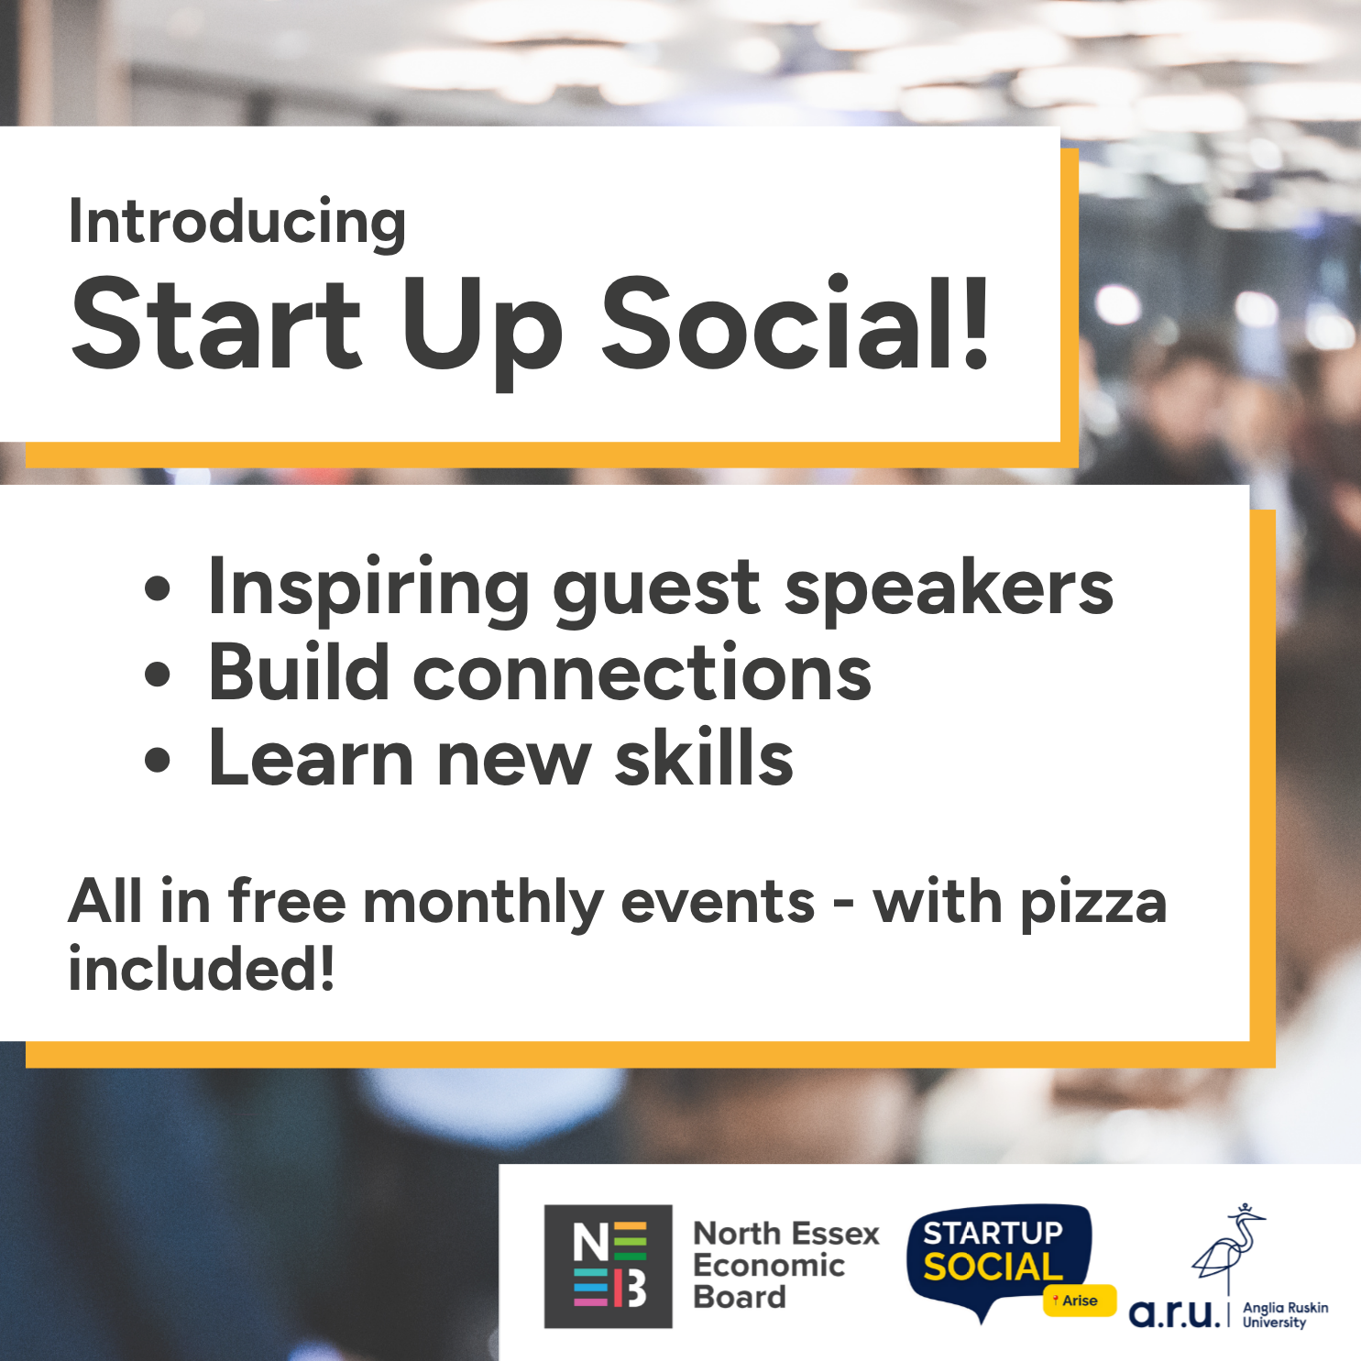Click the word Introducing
point(237,224)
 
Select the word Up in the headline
point(481,333)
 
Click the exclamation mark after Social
point(977,324)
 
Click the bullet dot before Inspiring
point(158,588)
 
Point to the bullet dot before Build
point(158,674)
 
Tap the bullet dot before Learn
point(158,760)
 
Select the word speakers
point(949,591)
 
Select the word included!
point(202,969)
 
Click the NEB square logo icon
point(609,1267)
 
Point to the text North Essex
point(786,1234)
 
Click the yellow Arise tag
point(1080,1301)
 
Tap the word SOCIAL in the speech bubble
point(993,1268)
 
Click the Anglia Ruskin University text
point(1285,1315)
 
